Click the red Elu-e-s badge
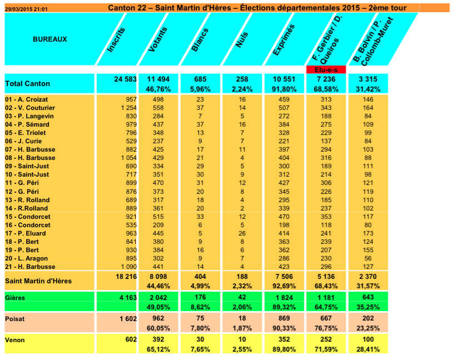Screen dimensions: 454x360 tap(326, 70)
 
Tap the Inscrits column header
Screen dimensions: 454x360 tap(116, 39)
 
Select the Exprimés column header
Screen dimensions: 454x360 tap(284, 39)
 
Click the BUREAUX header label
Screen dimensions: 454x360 tap(50, 39)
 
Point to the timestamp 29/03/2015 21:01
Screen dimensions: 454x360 tap(26, 9)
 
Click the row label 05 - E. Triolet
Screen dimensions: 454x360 tap(26, 133)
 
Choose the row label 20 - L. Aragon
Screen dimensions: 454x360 tap(26, 258)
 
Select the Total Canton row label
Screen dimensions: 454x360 tap(27, 84)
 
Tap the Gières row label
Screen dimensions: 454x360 tap(15, 298)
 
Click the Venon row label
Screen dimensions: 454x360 tap(15, 340)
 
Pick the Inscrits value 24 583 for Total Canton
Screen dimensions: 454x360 tap(125, 79)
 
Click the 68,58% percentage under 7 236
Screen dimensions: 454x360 tap(326, 89)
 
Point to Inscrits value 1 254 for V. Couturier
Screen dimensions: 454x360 tap(129, 108)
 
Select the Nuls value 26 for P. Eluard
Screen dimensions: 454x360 tap(242, 233)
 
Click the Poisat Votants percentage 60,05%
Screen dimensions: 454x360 tap(158, 328)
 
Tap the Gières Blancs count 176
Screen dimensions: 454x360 tap(200, 297)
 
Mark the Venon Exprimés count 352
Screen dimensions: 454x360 tap(284, 339)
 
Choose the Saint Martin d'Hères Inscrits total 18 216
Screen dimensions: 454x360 tap(126, 277)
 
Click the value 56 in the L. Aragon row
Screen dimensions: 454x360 tap(368, 258)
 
